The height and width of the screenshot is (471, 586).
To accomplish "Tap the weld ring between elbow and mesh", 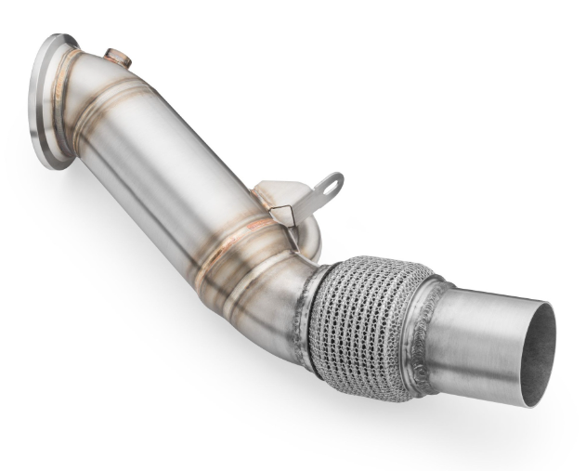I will (x=311, y=311).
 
